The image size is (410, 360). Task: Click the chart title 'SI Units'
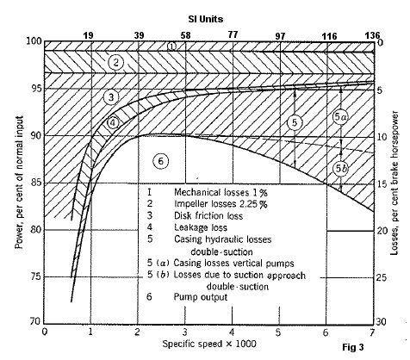[x=206, y=19]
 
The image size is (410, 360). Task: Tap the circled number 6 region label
[x=160, y=161]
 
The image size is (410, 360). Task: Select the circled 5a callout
[x=340, y=117]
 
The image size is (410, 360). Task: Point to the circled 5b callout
[x=341, y=169]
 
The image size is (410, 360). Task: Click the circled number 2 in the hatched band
[x=115, y=62]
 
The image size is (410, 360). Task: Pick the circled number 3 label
[x=111, y=97]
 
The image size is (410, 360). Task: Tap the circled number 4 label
[x=113, y=123]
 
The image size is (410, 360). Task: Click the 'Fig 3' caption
[x=353, y=347]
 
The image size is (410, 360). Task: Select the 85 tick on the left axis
[x=36, y=183]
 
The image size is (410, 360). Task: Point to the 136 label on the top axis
[x=372, y=35]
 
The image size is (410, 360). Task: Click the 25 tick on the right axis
[x=382, y=277]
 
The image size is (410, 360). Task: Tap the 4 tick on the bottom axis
[x=232, y=332]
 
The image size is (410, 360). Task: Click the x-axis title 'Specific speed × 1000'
[x=209, y=344]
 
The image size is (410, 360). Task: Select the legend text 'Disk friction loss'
[x=208, y=215]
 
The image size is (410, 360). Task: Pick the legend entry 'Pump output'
[x=201, y=297]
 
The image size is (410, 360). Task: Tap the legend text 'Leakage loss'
[x=201, y=227]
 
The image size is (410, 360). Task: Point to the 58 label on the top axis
[x=185, y=35]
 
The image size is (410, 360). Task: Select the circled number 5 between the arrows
[x=295, y=122]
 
